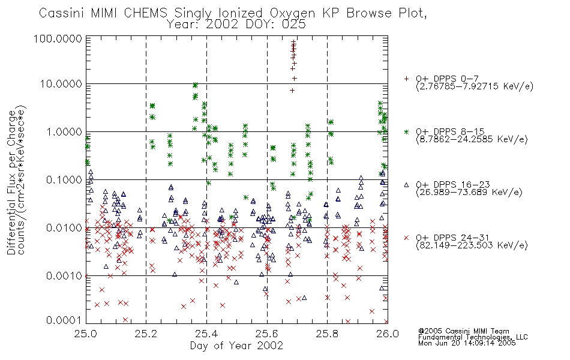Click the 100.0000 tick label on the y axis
58,38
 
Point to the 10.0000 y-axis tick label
61,84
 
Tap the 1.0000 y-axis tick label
64,131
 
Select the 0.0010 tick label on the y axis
64,276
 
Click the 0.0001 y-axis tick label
64,320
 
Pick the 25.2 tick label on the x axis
146,334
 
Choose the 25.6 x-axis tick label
267,334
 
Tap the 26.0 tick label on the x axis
388,334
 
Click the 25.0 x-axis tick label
86,334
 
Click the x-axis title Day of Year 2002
236,346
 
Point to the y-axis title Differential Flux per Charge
11,182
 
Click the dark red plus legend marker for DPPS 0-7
406,79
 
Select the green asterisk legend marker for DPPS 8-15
406,131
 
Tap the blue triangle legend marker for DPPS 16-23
406,185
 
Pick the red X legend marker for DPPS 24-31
406,238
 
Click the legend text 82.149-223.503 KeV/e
472,245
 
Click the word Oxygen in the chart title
292,13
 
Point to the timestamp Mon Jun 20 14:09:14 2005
467,343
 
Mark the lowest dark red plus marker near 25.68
292,91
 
